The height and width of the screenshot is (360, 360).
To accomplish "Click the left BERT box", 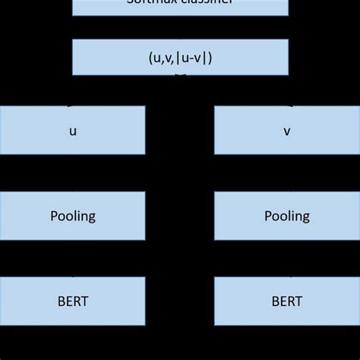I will point(72,302).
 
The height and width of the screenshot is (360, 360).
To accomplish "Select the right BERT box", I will point(287,302).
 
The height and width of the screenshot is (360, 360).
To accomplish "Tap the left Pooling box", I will point(72,216).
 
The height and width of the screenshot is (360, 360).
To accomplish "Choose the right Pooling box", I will point(287,216).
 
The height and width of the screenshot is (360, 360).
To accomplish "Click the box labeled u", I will point(72,130).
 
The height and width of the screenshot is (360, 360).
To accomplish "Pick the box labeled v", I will point(287,130).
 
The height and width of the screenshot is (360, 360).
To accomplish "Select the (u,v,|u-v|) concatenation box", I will point(180,57).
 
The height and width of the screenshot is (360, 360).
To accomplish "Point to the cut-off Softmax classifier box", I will point(180,6).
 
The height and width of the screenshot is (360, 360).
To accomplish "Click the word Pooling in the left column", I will point(73,216).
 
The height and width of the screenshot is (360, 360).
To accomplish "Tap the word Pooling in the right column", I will point(287,216).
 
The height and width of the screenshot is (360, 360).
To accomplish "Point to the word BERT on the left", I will point(73,302).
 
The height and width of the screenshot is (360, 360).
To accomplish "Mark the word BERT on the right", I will point(287,302).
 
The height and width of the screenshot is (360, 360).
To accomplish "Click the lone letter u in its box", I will point(73,131).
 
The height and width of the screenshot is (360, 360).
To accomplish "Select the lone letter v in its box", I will point(287,131).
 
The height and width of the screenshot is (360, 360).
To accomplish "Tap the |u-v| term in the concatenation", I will point(192,57).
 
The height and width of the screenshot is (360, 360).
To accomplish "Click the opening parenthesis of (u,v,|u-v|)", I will point(150,57).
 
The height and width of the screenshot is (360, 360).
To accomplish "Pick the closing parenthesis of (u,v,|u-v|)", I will point(210,57).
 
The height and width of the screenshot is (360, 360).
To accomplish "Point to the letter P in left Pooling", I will point(54,216).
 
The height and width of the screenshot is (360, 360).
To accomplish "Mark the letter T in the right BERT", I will point(298,302).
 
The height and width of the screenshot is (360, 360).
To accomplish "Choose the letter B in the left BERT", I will point(61,302).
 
